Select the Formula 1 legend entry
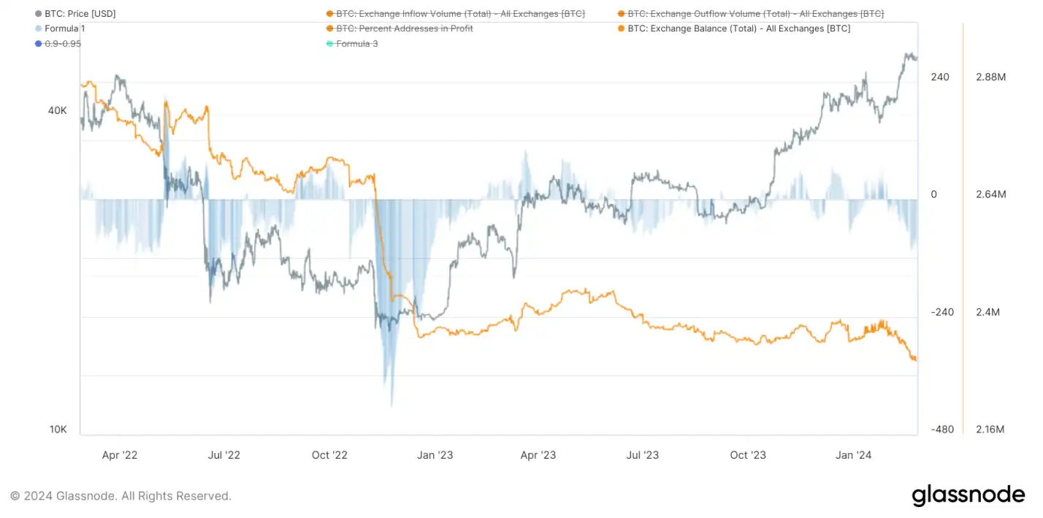pyautogui.click(x=65, y=28)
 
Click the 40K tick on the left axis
pyautogui.click(x=57, y=111)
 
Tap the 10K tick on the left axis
pyautogui.click(x=58, y=430)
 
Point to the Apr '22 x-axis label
pyautogui.click(x=120, y=455)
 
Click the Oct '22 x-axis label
pyautogui.click(x=329, y=455)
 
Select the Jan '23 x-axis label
pyautogui.click(x=435, y=455)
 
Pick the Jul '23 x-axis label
pyautogui.click(x=643, y=455)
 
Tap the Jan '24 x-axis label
pyautogui.click(x=853, y=455)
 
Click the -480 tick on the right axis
pyautogui.click(x=941, y=430)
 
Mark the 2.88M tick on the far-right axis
pyautogui.click(x=991, y=77)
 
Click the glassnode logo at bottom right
pyautogui.click(x=968, y=495)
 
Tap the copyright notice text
pyautogui.click(x=121, y=496)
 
